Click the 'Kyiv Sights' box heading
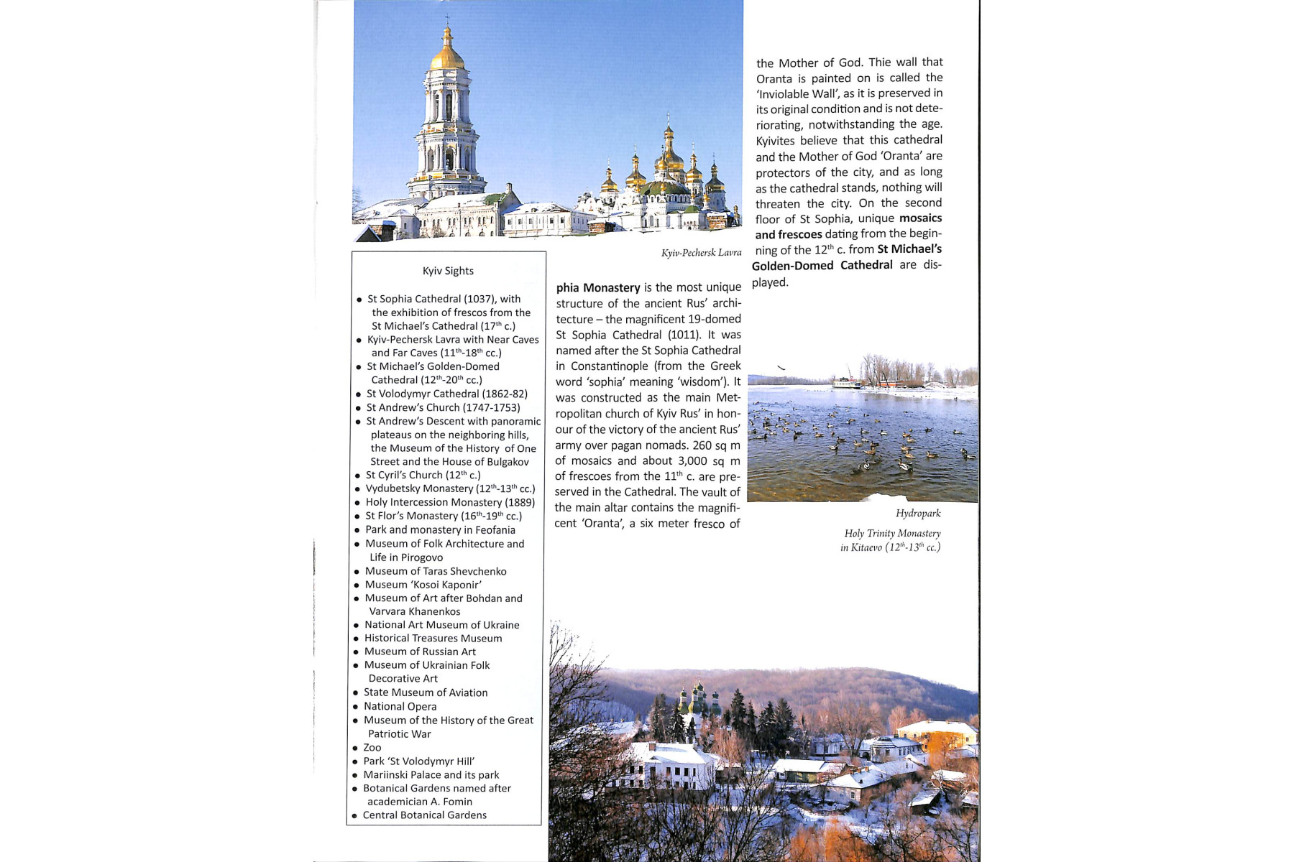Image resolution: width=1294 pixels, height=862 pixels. [448, 271]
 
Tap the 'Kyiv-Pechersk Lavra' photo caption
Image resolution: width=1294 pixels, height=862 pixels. [701, 253]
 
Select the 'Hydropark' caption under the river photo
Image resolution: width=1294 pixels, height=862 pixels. [917, 513]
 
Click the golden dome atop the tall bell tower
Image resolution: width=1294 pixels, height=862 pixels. [447, 55]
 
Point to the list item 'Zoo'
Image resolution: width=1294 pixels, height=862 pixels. [372, 747]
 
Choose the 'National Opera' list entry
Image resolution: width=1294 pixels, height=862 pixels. [400, 706]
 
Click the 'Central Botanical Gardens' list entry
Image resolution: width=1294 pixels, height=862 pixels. [424, 815]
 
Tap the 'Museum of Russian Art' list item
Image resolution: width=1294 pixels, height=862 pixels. [420, 652]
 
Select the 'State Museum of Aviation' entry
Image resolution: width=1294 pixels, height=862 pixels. [426, 692]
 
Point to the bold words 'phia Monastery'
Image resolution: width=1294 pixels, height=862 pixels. [598, 287]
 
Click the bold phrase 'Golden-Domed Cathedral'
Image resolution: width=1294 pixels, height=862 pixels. [822, 265]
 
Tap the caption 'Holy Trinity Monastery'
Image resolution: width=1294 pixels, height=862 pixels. [892, 533]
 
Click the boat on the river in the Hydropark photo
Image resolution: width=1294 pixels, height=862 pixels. [847, 382]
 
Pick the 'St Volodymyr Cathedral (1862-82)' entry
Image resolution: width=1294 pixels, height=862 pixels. [446, 394]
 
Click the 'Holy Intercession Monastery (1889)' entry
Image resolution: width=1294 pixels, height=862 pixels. [450, 502]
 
